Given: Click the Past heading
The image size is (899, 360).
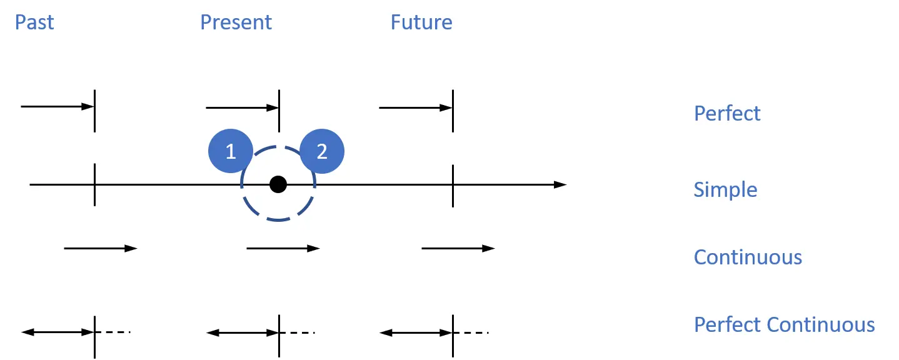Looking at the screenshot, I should click(34, 22).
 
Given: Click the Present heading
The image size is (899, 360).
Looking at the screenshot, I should click(236, 22).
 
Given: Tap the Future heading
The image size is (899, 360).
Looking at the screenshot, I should click(421, 22).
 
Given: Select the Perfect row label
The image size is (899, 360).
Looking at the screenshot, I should click(727, 113).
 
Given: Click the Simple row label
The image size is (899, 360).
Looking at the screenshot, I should click(725, 189).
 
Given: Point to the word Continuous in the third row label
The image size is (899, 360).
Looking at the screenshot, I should click(748, 257).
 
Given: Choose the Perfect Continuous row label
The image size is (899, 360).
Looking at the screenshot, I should click(784, 324).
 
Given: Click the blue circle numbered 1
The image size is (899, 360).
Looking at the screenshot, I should click(230, 151).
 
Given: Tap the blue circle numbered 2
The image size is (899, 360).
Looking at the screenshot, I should click(322, 151).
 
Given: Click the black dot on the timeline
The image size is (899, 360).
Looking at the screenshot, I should click(278, 184).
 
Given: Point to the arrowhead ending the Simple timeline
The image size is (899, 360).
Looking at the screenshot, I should click(560, 184).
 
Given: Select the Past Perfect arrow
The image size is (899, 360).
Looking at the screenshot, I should click(57, 107).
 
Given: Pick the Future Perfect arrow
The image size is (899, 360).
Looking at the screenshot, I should click(415, 107).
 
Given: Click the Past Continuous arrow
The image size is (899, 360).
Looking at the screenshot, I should click(100, 249).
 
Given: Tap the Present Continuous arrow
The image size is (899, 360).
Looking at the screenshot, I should click(283, 249).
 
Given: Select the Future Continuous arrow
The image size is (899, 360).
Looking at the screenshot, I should click(458, 249).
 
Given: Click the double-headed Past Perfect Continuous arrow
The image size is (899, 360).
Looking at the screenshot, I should click(58, 332).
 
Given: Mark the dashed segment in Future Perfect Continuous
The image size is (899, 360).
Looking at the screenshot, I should click(471, 332).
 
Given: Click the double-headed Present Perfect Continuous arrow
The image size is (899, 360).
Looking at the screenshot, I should click(243, 332).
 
